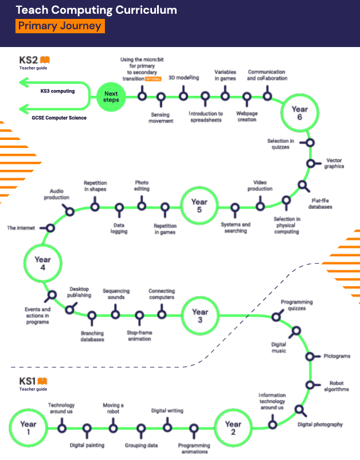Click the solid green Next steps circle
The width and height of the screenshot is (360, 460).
pos(111,97)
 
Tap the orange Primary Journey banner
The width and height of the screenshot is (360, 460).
pos(60,26)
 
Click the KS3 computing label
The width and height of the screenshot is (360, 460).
pos(57,91)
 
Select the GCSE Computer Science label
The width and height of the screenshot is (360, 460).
pos(59,118)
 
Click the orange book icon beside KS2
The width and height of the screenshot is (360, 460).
pos(45,60)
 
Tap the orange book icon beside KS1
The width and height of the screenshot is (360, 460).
pos(42,381)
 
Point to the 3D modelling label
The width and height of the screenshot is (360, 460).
pos(184,78)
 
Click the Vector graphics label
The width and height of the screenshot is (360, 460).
pos(334,163)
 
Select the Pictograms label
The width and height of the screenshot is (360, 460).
pos(337,356)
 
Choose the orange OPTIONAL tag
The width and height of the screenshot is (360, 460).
pos(153,79)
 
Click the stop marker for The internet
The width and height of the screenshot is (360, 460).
pos(48,228)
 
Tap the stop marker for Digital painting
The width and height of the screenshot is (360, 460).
pos(87,431)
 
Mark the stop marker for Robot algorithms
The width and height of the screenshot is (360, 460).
pos(312,385)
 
